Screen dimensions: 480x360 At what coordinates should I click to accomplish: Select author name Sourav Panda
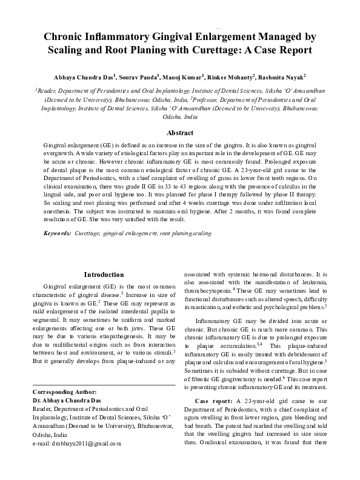coord(141,78)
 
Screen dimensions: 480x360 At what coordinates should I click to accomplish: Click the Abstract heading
coord(180,132)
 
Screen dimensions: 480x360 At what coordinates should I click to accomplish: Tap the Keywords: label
coord(58,233)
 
